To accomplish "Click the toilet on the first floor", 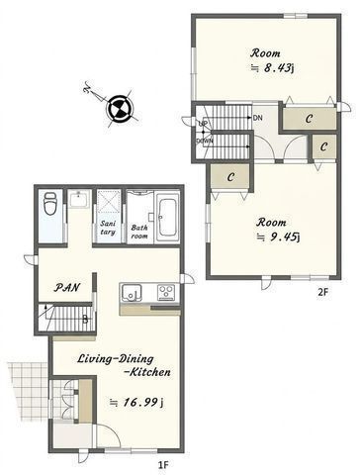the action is (50, 204).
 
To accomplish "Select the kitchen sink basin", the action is (132, 293).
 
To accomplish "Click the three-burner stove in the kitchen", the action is (166, 293).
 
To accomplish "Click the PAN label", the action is (67, 287).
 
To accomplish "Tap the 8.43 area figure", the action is (278, 67).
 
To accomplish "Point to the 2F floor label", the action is (323, 292).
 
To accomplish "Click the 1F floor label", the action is (164, 465).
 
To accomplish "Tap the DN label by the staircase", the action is (258, 118).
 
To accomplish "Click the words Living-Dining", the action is (116, 358).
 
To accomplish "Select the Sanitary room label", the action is (108, 228).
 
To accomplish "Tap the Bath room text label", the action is (139, 232).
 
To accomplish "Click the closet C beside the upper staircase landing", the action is (309, 119).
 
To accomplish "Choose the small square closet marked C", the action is (323, 146).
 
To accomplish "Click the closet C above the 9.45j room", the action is (230, 177).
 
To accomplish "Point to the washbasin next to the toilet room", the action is (78, 199).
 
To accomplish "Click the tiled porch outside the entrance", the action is (28, 391).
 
